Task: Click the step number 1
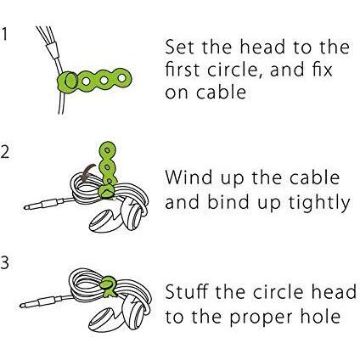click(x=5, y=34)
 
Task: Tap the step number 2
click(x=5, y=152)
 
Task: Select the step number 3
click(x=5, y=263)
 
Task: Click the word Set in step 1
click(x=180, y=47)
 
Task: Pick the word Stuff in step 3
click(x=187, y=291)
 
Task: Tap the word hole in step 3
click(x=320, y=316)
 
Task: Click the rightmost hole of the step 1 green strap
click(x=122, y=77)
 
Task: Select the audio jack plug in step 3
click(x=41, y=302)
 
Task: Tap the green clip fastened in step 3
click(x=108, y=286)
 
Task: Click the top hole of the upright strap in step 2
click(x=107, y=149)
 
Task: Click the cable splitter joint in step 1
click(x=53, y=51)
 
